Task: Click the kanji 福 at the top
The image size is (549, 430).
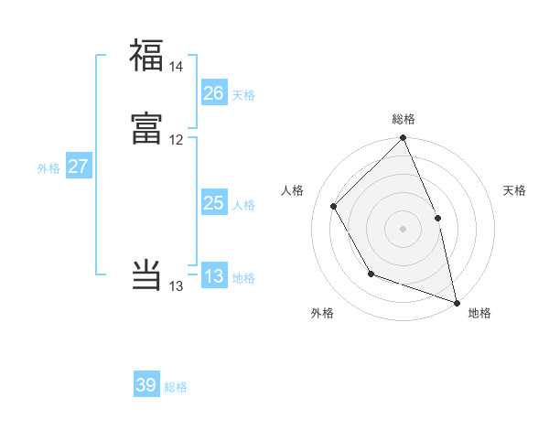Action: [x=146, y=55]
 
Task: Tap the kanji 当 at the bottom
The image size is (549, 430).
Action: [x=146, y=274]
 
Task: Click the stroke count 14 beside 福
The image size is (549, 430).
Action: [x=176, y=67]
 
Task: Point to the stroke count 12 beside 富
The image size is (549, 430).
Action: [x=176, y=140]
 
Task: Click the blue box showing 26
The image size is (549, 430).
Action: [x=214, y=92]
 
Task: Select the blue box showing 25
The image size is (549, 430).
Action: [x=214, y=203]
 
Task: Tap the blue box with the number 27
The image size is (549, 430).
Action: [x=78, y=167]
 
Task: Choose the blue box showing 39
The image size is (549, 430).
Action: [x=146, y=385]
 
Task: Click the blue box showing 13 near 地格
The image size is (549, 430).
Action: [x=214, y=276]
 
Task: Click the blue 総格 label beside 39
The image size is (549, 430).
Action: [x=176, y=387]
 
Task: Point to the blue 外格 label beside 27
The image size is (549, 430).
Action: [x=48, y=168]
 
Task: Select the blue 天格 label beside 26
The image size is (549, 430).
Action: [x=243, y=94]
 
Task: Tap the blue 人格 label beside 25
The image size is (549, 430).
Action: [x=243, y=205]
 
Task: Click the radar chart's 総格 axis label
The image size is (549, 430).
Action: [x=403, y=119]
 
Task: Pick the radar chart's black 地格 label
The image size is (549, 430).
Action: [x=479, y=313]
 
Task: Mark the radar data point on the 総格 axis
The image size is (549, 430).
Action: [x=403, y=139]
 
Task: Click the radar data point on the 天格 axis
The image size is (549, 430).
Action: [x=437, y=218]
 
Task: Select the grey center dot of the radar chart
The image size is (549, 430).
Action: [x=403, y=229]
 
